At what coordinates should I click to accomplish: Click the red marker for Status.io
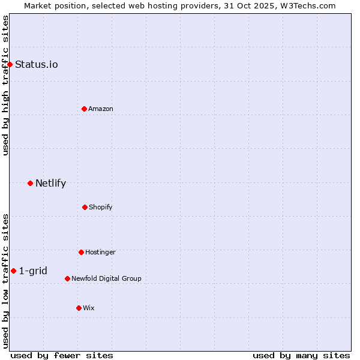click(x=10, y=64)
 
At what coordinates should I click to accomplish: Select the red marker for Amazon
click(x=84, y=109)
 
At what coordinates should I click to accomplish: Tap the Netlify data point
click(x=30, y=183)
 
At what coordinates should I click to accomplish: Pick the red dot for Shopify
click(x=85, y=207)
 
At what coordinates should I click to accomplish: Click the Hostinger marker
click(x=81, y=252)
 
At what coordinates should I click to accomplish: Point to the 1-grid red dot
click(x=13, y=271)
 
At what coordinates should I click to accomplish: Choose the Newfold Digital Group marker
click(x=67, y=278)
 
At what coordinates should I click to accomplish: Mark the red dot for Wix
click(x=79, y=308)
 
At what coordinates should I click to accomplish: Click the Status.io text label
click(x=37, y=64)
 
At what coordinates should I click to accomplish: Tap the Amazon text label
click(x=101, y=109)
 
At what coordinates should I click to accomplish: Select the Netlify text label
click(x=50, y=183)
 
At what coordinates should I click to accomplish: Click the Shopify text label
click(x=101, y=207)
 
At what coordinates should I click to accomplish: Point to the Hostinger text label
click(x=100, y=252)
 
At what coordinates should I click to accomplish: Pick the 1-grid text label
click(x=33, y=271)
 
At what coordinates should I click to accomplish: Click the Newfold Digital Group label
click(x=106, y=278)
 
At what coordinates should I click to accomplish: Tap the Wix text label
click(x=89, y=308)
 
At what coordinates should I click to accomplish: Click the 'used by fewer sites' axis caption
click(x=62, y=355)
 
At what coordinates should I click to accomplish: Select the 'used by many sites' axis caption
click(x=301, y=355)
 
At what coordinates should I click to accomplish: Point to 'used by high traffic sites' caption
click(x=5, y=85)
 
